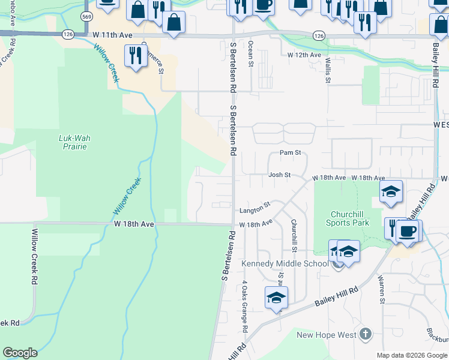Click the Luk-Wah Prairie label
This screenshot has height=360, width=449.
74,142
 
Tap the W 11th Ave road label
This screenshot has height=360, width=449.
112,36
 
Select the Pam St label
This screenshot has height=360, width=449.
290,153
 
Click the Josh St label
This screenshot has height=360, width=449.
279,175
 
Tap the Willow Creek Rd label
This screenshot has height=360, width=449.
35,256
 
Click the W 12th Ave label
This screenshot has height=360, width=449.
304,55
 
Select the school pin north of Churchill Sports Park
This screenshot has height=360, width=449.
391,191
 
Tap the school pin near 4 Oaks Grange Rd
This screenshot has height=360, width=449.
276,298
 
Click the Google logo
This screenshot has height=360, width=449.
20,353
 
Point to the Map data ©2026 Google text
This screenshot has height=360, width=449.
412,355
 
